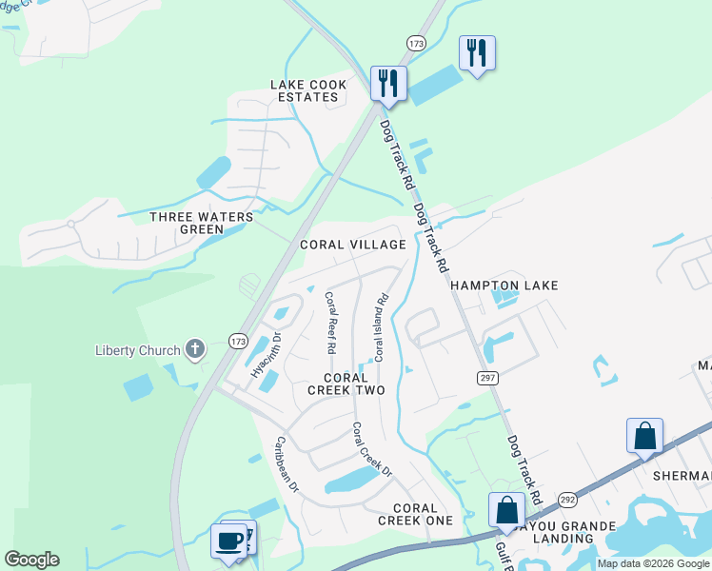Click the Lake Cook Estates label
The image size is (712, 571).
tap(308, 90)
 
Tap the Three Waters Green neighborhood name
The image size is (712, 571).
tap(202, 223)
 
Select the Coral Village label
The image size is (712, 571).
tap(353, 245)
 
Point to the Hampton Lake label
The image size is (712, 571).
tap(504, 285)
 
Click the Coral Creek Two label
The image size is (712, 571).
tap(346, 384)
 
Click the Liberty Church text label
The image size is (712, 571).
tap(138, 350)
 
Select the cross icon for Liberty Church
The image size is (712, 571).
tap(195, 349)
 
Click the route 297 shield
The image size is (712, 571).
tap(487, 378)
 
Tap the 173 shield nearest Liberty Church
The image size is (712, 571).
tap(239, 340)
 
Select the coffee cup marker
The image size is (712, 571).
tap(228, 540)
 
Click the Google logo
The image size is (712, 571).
tap(31, 560)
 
